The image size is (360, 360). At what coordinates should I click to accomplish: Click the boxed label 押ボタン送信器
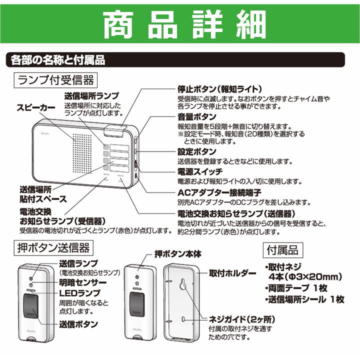[x=53, y=247]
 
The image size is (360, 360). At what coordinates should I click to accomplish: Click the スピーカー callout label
[x=36, y=107]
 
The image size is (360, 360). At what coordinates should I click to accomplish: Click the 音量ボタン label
[x=196, y=116]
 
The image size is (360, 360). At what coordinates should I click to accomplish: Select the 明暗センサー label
[x=82, y=282]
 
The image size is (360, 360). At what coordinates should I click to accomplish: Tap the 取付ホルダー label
[x=230, y=273]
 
